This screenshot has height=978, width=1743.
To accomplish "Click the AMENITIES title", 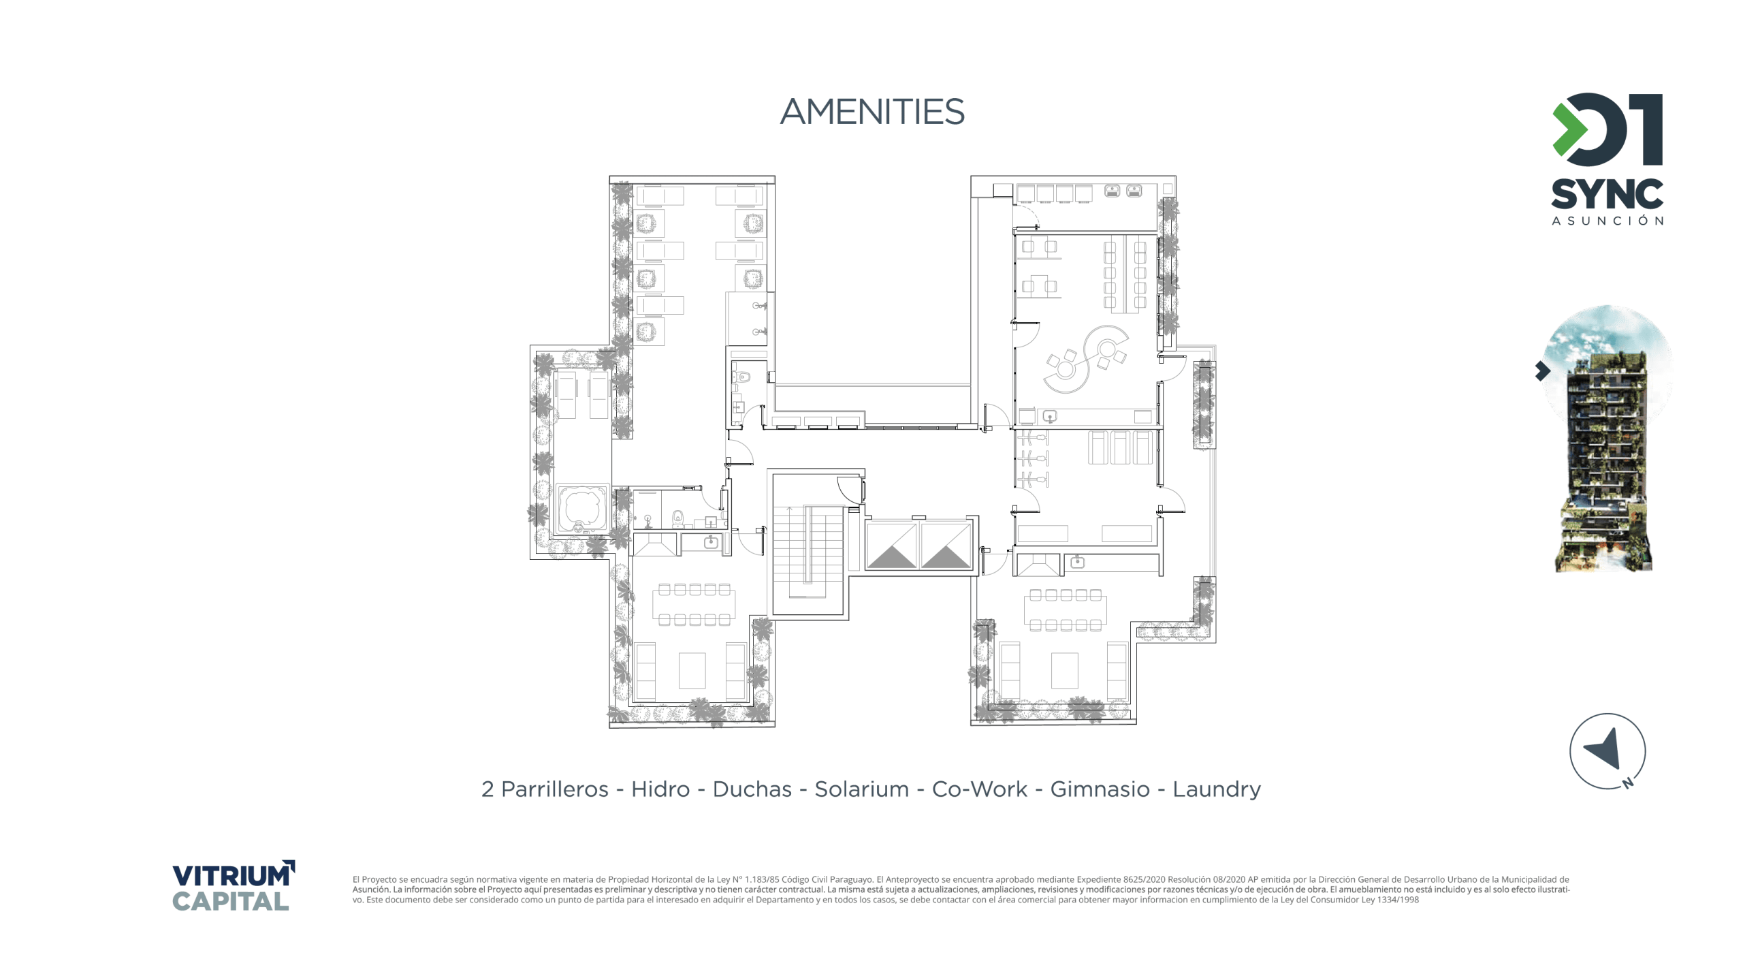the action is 872,112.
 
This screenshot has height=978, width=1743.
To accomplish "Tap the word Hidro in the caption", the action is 660,789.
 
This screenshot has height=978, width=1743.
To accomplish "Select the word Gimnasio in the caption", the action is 1100,789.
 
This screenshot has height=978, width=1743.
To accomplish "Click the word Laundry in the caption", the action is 1217,790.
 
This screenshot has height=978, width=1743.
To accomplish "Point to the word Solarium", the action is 861,789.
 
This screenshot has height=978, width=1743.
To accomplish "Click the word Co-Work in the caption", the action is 979,789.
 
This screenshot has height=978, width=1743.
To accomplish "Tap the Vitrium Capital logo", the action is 234,885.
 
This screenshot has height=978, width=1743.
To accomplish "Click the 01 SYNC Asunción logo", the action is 1607,159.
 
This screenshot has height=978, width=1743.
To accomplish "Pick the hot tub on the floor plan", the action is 582,509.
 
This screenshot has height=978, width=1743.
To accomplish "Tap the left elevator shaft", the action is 891,544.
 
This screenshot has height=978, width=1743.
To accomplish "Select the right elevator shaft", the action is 946,544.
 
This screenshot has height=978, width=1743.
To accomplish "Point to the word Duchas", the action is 752,789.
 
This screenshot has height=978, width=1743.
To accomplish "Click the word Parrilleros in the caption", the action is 554,789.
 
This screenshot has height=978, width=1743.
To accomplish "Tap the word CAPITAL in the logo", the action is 230,901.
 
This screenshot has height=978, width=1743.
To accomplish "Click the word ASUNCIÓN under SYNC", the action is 1608,221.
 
